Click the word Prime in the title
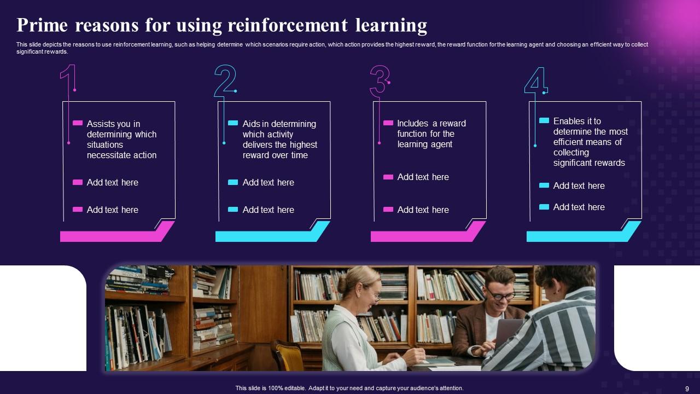point(42,25)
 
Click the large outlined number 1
point(68,78)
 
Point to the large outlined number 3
point(380,80)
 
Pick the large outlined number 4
point(536,80)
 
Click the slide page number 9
point(687,389)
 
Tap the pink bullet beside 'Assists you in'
point(78,123)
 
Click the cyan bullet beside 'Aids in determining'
point(233,123)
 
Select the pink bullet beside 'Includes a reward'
point(388,123)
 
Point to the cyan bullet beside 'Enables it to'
point(544,120)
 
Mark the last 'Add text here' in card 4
point(579,207)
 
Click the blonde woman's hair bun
point(342,285)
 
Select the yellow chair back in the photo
point(287,355)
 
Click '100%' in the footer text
point(275,388)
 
